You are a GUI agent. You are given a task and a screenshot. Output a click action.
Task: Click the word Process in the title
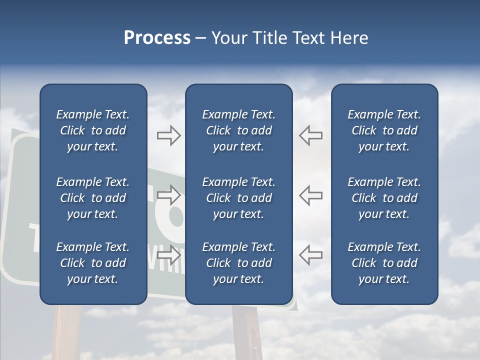coord(157,38)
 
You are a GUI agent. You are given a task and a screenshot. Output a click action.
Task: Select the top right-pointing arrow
coord(168,135)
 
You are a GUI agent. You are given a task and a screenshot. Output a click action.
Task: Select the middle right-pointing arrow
coord(168,195)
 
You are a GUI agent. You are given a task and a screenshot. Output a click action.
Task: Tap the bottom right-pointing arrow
coord(168,254)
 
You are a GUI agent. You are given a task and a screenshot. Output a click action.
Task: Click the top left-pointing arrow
coord(310,135)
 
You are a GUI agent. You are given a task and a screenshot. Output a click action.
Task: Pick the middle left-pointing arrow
coord(310,195)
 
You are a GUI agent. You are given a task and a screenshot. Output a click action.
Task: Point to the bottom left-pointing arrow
coord(310,254)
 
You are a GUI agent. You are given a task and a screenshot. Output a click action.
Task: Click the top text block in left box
coord(93,130)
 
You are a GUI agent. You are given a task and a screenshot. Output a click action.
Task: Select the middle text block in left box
coord(93,198)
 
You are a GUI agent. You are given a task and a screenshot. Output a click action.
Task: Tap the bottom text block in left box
coord(93,263)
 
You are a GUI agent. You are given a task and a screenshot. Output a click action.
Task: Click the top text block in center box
coord(238,130)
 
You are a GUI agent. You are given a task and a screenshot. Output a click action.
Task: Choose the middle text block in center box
coord(238,198)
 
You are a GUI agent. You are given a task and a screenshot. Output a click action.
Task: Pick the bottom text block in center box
coord(238,263)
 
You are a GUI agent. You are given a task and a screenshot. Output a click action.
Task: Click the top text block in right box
coord(384,130)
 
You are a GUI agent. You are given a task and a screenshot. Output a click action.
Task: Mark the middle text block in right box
coord(384,198)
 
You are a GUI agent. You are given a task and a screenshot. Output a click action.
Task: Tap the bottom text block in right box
coord(384,263)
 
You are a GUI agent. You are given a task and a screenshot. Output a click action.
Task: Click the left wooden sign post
coord(67,332)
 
